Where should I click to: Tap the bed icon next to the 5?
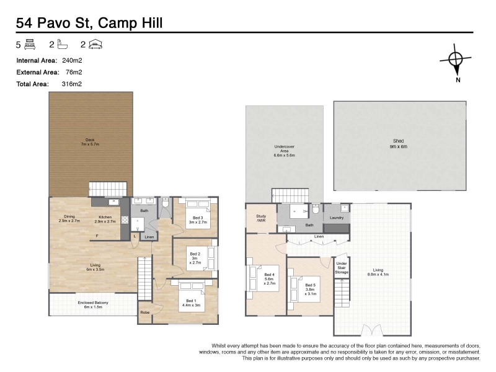[x=30, y=44]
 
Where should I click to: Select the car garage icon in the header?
[x=95, y=44]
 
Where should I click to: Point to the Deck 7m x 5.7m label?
[x=90, y=142]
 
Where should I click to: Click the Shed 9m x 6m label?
[x=399, y=144]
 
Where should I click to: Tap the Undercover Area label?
[x=285, y=151]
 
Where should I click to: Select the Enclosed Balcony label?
[x=93, y=304]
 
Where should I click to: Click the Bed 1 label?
[x=191, y=303]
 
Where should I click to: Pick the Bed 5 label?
[x=311, y=290]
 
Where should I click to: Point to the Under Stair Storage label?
[x=342, y=268]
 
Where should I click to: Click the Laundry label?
[x=337, y=218]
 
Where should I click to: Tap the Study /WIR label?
[x=261, y=218]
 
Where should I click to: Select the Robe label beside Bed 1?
[x=145, y=312]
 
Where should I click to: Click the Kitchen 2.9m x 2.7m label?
[x=105, y=219]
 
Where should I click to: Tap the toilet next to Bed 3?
[x=165, y=203]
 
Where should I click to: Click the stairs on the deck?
[x=108, y=189]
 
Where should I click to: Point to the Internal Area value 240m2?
[x=72, y=60]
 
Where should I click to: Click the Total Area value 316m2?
[x=72, y=84]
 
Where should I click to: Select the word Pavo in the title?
[x=55, y=23]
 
